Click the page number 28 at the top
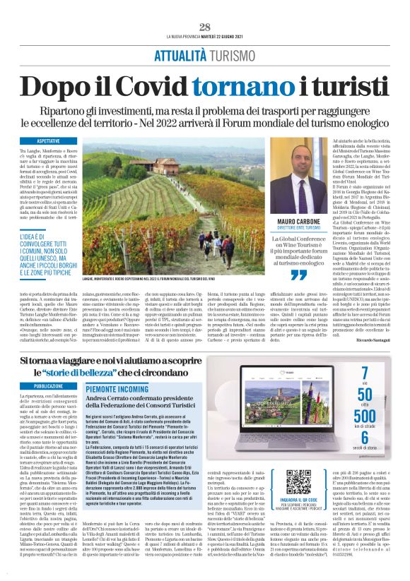(205, 27)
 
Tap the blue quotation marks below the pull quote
(301, 275)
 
